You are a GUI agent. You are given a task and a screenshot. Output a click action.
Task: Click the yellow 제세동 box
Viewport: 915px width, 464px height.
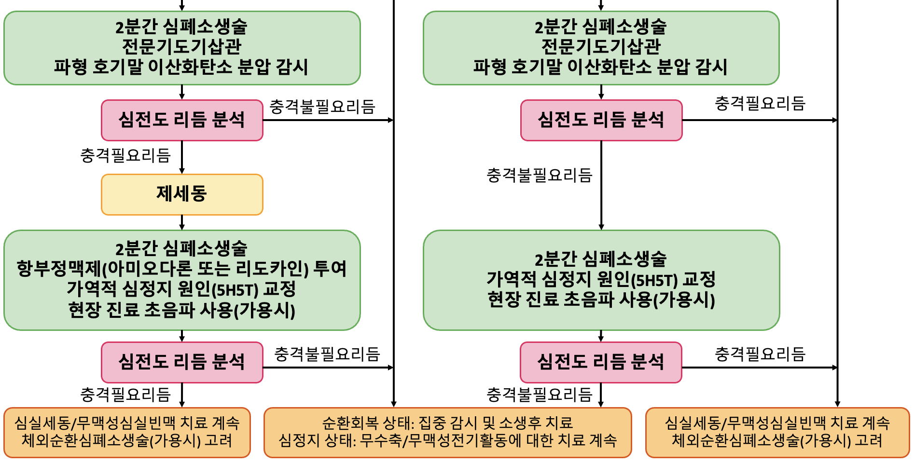click(x=182, y=194)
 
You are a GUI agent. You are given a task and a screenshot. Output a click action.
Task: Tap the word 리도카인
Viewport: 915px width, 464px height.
click(x=270, y=269)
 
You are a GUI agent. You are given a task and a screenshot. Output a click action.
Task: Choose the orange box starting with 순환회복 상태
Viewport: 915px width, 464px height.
click(x=448, y=433)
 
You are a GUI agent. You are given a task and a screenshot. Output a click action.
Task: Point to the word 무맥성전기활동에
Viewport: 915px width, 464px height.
click(x=465, y=440)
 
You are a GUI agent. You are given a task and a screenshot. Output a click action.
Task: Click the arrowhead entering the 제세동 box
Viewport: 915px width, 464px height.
click(x=182, y=171)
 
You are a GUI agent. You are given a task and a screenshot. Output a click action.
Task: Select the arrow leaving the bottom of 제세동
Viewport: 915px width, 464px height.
click(x=182, y=222)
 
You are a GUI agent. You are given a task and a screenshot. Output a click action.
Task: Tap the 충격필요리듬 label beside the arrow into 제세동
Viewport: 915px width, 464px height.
click(x=125, y=155)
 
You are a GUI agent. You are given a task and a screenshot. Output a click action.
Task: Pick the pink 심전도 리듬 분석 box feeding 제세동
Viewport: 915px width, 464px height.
click(x=182, y=120)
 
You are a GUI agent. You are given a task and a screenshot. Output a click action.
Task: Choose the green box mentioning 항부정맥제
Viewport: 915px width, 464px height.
click(x=182, y=280)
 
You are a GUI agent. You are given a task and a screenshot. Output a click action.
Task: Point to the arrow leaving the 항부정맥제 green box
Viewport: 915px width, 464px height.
click(x=182, y=336)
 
